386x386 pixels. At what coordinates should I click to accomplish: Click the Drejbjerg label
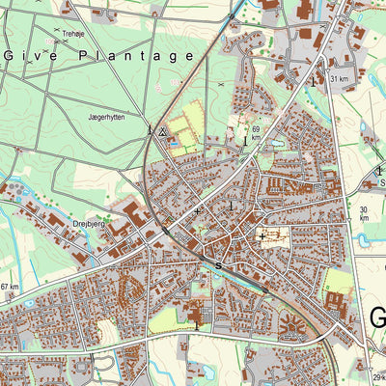(x=89, y=222)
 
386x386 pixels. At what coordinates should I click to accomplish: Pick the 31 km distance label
(x=338, y=78)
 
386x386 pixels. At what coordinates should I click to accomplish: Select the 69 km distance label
(x=256, y=132)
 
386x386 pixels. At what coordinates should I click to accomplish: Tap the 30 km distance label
(x=364, y=213)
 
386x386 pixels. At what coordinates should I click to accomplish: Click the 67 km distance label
(x=10, y=287)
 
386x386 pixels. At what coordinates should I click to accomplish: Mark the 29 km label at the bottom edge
(x=377, y=377)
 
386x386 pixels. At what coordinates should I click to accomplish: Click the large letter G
(x=377, y=318)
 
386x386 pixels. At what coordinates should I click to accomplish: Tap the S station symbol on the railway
(x=219, y=264)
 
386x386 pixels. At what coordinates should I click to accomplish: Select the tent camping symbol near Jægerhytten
(x=164, y=130)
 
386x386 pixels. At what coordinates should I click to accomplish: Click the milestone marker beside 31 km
(x=314, y=81)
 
